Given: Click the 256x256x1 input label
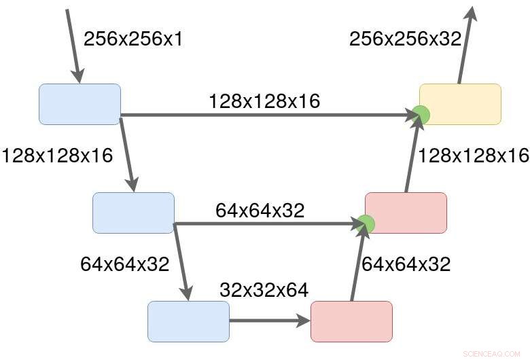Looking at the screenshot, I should coord(133,39).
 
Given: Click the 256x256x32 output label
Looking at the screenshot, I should coord(405,39).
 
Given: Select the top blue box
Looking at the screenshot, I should coord(79,104).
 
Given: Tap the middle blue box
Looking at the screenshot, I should coord(133,213).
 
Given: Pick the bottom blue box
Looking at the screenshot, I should coord(188,321).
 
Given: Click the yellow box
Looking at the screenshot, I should coord(461,104).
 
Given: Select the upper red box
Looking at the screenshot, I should coord(406,213).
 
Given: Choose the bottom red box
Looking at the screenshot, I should coord(351,321).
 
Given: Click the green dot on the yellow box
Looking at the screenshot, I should coord(421,115).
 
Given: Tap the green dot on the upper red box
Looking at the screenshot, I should coord(366,223).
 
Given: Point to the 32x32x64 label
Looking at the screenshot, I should coord(264,291).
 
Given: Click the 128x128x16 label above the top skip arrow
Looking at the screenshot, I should coord(264,101).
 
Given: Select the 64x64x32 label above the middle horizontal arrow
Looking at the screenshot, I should coord(260,210).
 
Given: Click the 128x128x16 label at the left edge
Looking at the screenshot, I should coord(57,156).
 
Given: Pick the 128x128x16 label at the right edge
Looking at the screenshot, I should coord(473,156).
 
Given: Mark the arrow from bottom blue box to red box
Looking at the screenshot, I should coord(269,321).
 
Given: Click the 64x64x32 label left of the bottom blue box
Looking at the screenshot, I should coord(124,264).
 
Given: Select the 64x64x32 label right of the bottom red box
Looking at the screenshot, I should coord(406,264).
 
